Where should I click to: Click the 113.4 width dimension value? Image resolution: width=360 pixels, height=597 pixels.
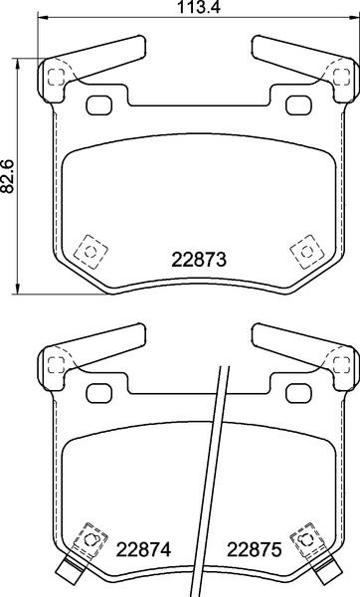pos(200,7)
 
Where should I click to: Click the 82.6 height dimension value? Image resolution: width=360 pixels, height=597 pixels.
pos(7,176)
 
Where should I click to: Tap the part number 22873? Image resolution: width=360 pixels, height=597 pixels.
pos(199,260)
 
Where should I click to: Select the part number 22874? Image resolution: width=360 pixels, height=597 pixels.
pos(143,549)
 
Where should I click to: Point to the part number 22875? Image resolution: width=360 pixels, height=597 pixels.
pos(255,549)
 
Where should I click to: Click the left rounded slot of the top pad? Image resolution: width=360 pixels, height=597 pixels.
pos(98,105)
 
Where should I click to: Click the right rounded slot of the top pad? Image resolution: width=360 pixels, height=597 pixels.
pos(298,105)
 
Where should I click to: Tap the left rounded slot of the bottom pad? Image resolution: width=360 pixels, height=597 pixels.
pos(98,394)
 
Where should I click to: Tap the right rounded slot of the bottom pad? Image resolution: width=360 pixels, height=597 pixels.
pos(298,394)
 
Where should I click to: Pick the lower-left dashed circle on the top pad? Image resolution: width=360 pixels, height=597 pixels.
pos(90,252)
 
